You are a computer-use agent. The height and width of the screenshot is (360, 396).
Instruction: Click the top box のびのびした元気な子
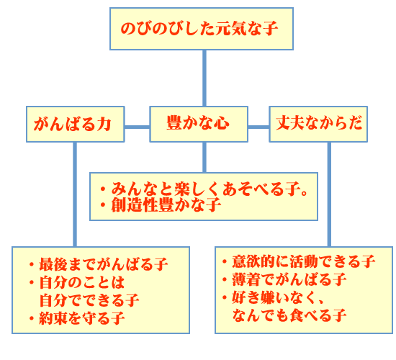coord(202,29)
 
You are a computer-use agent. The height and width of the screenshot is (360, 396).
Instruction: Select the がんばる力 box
coord(76,124)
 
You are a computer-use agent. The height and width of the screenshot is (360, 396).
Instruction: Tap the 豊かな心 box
coord(199,124)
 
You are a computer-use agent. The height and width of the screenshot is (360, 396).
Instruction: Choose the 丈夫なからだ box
coord(318,124)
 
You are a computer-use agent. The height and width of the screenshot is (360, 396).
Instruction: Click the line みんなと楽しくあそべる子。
coord(204,189)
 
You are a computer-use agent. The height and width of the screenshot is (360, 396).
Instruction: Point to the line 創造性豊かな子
coord(161,204)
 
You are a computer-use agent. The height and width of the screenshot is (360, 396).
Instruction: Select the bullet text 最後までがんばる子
coord(99,264)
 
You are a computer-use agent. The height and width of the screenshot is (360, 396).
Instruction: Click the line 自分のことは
coord(77,282)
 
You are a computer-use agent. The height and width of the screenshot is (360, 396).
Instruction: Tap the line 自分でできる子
coord(89,300)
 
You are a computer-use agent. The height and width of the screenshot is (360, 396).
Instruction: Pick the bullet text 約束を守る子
coord(77,318)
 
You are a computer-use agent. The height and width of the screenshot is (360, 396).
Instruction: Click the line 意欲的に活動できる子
coord(299,261)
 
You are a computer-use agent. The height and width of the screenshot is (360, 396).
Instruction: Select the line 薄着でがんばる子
coord(284,279)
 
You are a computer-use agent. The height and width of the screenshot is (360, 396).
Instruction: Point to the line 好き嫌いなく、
coord(274,297)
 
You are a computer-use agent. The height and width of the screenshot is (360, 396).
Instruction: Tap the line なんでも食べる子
coord(289,315)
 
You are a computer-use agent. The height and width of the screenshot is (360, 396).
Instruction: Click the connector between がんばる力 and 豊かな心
coord(137,127)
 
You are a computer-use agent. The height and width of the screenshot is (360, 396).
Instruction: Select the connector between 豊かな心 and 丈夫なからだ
coord(258,127)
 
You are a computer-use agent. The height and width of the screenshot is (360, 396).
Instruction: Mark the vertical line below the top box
coord(204,78)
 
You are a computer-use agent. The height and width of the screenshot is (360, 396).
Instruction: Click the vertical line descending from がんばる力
coord(75,194)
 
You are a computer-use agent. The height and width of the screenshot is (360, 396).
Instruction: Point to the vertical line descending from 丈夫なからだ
coord(329,194)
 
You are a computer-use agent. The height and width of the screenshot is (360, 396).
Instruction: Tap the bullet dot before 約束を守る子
coord(32,318)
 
